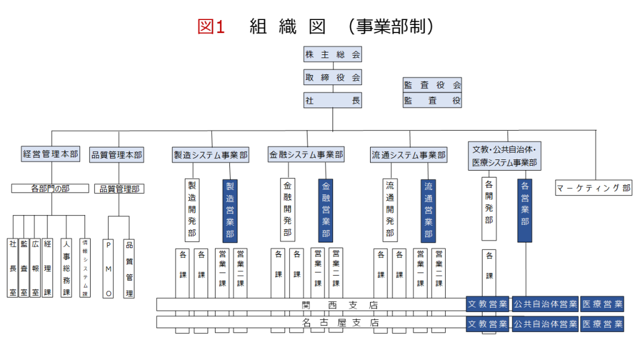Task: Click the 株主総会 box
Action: coord(332,54)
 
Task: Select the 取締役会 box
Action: coord(332,77)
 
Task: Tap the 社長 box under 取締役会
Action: coord(332,100)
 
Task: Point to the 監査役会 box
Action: coord(432,85)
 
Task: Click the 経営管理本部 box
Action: coord(51,154)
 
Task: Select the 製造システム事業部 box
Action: coord(211,155)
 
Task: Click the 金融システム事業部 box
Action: coord(307,154)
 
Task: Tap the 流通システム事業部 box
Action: coord(409,155)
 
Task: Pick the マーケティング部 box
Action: coord(594,187)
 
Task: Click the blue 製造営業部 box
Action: coord(230,211)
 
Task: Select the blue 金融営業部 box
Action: coord(326,211)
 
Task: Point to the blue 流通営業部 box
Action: coord(428,211)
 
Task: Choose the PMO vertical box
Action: coord(109,268)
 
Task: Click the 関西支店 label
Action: coord(341,305)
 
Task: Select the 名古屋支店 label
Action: coord(341,323)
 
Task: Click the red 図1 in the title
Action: coord(211,26)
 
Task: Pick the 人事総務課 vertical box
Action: coord(67,268)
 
